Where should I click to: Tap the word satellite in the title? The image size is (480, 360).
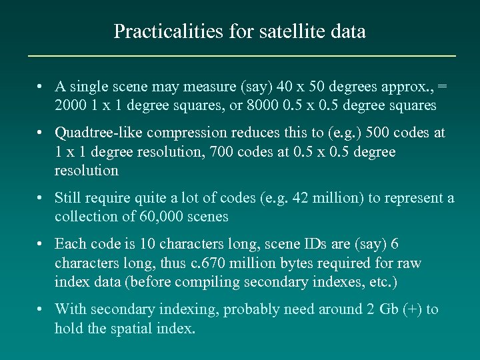point(276,31)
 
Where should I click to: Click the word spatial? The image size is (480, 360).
point(137,328)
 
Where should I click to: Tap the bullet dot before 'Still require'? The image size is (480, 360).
point(41,198)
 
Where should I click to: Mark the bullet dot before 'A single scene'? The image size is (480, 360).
point(41,86)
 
